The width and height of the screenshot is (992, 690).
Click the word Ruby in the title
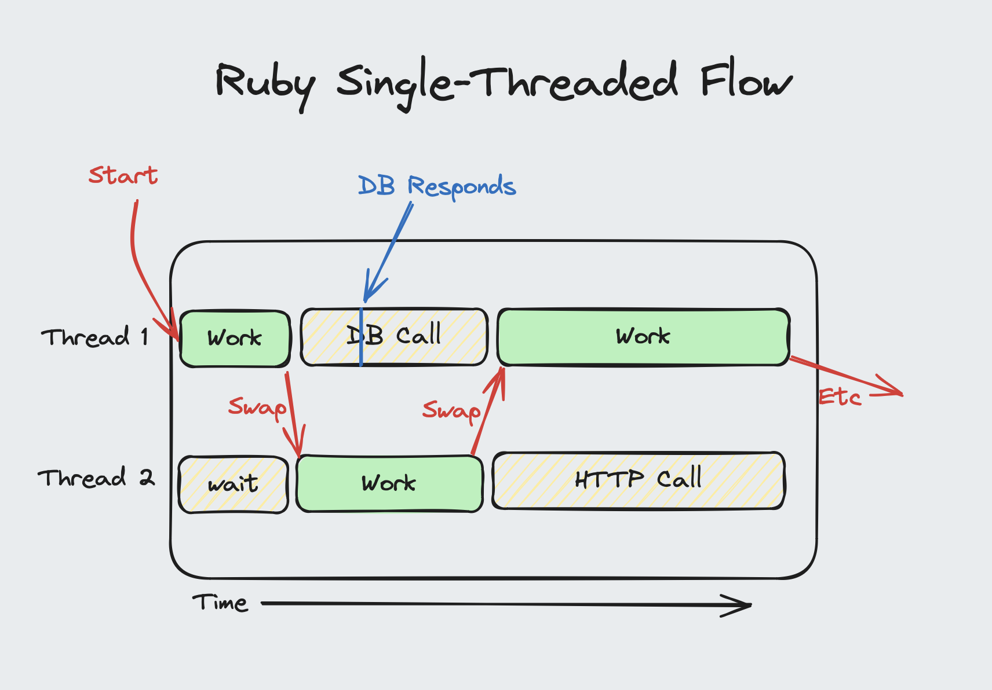(265, 84)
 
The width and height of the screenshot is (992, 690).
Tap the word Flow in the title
(746, 81)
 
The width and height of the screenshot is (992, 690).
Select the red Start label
(123, 175)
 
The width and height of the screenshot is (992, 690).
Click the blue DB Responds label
(437, 186)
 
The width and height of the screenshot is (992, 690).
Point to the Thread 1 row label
(94, 337)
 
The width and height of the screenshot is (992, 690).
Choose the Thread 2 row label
(96, 478)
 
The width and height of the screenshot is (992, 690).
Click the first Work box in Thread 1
(235, 339)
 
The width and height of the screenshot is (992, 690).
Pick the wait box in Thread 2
(233, 484)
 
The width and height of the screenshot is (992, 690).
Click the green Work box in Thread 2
(389, 483)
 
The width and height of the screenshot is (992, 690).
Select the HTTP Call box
(638, 480)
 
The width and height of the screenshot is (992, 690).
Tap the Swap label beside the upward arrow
(451, 410)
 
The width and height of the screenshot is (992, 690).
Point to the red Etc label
(840, 397)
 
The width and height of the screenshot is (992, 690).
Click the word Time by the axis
(220, 603)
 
